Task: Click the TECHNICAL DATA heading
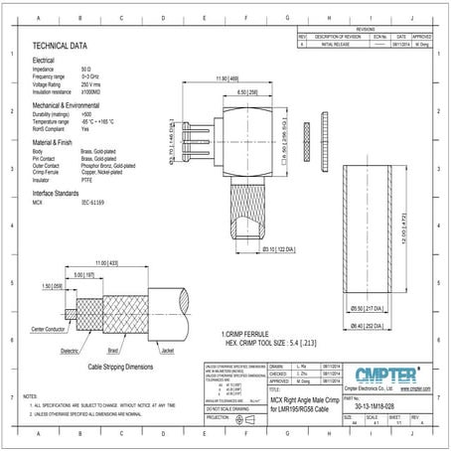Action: coord(60,46)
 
